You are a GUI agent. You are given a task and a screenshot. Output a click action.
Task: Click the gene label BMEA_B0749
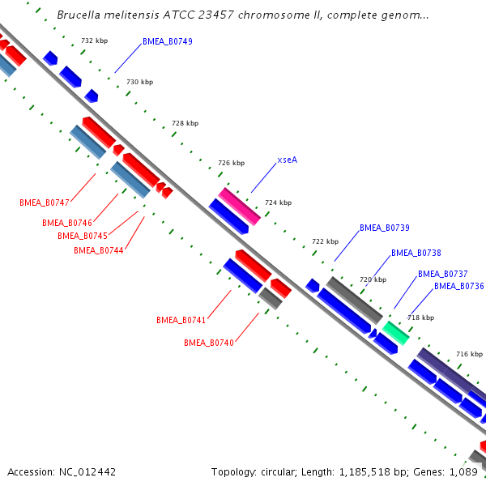click(167, 41)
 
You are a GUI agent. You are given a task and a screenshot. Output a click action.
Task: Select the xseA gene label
click(287, 160)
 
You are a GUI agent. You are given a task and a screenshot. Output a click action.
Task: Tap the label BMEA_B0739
click(384, 228)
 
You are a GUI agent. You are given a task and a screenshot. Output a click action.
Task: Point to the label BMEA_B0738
click(416, 253)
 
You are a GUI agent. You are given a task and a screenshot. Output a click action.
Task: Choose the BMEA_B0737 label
click(442, 274)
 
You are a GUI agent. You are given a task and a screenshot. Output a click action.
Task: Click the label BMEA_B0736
click(458, 286)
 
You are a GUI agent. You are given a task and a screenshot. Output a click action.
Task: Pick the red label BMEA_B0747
click(45, 202)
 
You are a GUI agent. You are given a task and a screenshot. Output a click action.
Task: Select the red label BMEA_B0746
click(67, 223)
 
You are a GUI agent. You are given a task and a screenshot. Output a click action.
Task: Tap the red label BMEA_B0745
click(83, 236)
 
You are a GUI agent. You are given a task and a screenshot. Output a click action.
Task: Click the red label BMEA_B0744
click(98, 250)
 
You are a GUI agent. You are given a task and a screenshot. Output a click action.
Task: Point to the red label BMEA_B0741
click(181, 321)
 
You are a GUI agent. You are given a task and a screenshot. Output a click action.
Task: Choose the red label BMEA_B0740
click(208, 343)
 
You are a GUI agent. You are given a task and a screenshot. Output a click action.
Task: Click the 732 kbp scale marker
click(94, 40)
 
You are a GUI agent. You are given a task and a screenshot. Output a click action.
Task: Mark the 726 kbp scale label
click(231, 163)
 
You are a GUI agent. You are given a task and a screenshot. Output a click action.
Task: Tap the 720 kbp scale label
click(373, 279)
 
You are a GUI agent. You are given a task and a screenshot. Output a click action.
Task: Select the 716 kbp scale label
click(469, 354)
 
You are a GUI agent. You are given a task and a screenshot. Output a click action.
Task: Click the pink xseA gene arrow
click(239, 206)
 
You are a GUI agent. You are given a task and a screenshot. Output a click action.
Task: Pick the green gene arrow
click(395, 331)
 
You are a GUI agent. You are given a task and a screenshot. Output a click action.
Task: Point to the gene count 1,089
click(463, 471)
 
